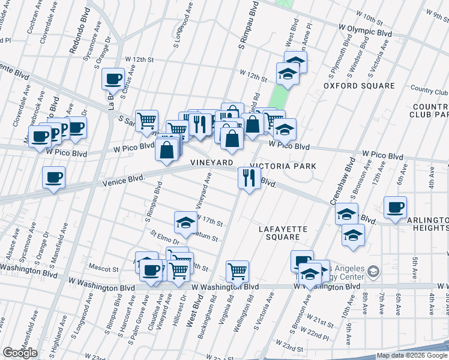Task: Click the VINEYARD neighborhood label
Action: [211, 163]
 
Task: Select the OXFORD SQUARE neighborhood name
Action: [359, 86]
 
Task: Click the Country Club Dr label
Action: [429, 92]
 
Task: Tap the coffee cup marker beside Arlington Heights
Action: [395, 207]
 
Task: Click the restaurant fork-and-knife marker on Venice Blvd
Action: [249, 177]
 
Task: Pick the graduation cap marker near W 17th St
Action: [185, 223]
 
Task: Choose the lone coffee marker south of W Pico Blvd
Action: [53, 177]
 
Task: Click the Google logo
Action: [20, 353]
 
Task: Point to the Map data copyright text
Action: [411, 355]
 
